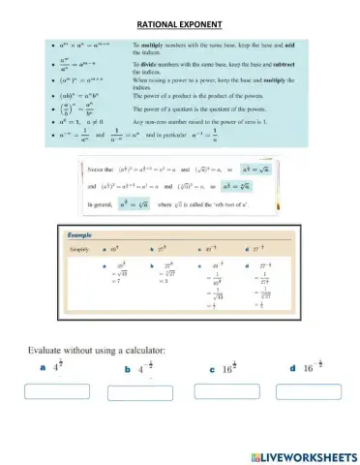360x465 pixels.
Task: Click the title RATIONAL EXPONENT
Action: click(179, 23)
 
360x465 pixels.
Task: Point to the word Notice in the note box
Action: click(99, 168)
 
